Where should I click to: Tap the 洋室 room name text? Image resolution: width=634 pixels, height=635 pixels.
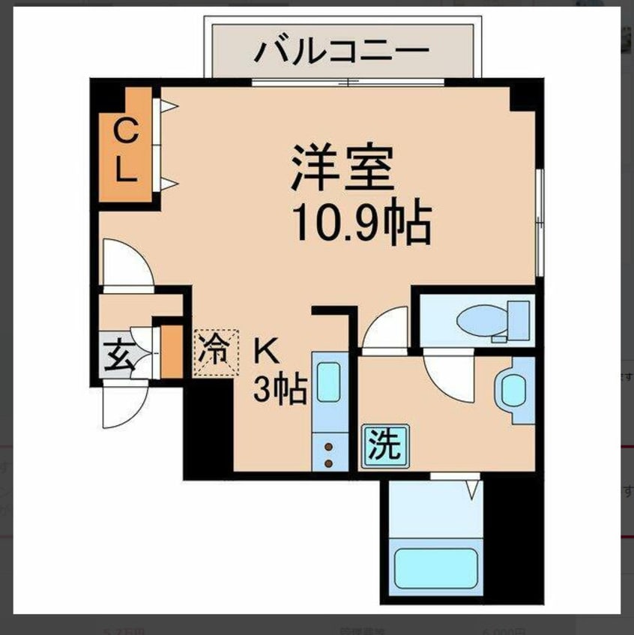(342, 169)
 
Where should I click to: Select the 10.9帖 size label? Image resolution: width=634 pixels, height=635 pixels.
(361, 223)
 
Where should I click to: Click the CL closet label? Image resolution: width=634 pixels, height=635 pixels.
(125, 152)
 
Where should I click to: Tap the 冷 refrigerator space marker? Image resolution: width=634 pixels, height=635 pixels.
(216, 352)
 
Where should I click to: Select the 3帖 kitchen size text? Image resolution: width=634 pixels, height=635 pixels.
(280, 389)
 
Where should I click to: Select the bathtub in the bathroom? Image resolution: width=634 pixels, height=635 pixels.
(435, 568)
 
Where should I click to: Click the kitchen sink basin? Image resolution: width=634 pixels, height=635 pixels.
(329, 382)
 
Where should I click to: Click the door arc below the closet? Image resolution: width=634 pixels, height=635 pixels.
(125, 263)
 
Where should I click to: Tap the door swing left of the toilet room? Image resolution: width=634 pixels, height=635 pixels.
(387, 331)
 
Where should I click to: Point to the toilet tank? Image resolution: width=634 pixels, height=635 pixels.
(517, 319)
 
